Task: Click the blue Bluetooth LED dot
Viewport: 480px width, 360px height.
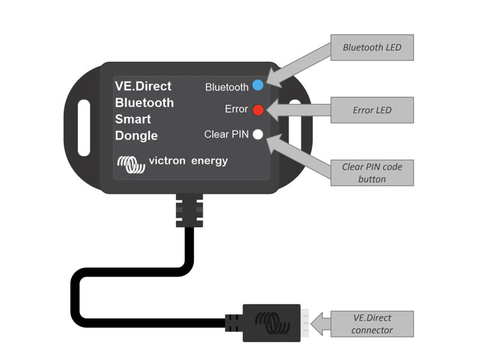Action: click(x=258, y=85)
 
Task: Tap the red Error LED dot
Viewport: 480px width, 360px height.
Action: click(x=258, y=110)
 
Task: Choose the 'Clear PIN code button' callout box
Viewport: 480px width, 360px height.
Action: click(x=373, y=173)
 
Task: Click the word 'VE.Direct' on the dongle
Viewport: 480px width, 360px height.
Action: click(x=143, y=86)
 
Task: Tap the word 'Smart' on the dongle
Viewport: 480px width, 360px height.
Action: click(x=133, y=119)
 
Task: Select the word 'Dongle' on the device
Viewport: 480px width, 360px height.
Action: click(x=136, y=136)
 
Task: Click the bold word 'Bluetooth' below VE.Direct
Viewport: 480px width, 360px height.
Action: click(x=144, y=103)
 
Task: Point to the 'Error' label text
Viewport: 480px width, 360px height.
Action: click(x=236, y=109)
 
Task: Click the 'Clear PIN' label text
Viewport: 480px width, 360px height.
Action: click(x=226, y=134)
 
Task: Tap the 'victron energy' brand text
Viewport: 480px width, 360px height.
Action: click(x=188, y=161)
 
